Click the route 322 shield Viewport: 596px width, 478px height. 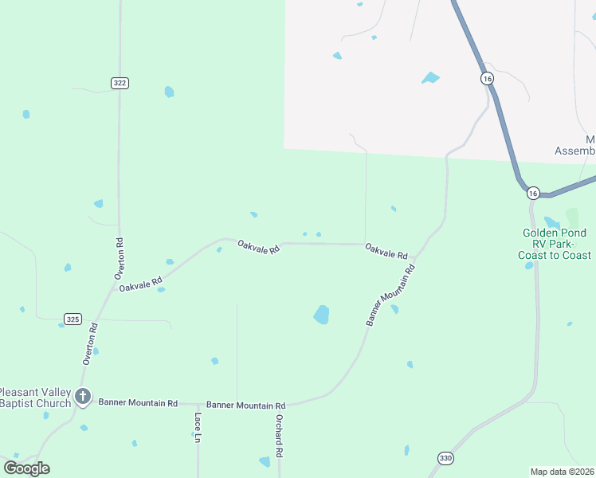point(120,83)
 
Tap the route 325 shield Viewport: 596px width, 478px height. point(73,319)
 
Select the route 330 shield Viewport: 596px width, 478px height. point(445,457)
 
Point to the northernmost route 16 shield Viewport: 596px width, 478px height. point(486,78)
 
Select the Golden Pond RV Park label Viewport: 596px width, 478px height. point(557,244)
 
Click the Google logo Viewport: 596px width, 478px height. point(26,468)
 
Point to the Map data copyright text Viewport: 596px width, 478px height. point(562,472)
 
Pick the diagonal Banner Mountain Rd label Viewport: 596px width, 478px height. point(391,296)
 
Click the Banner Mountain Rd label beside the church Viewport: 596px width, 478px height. point(138,403)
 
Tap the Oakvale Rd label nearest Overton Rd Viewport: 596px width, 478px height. point(141,283)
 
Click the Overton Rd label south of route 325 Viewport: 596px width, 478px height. point(90,344)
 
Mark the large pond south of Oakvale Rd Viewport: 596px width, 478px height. point(321,315)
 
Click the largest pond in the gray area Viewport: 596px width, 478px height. point(430,78)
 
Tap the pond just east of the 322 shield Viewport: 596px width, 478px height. point(169,92)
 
